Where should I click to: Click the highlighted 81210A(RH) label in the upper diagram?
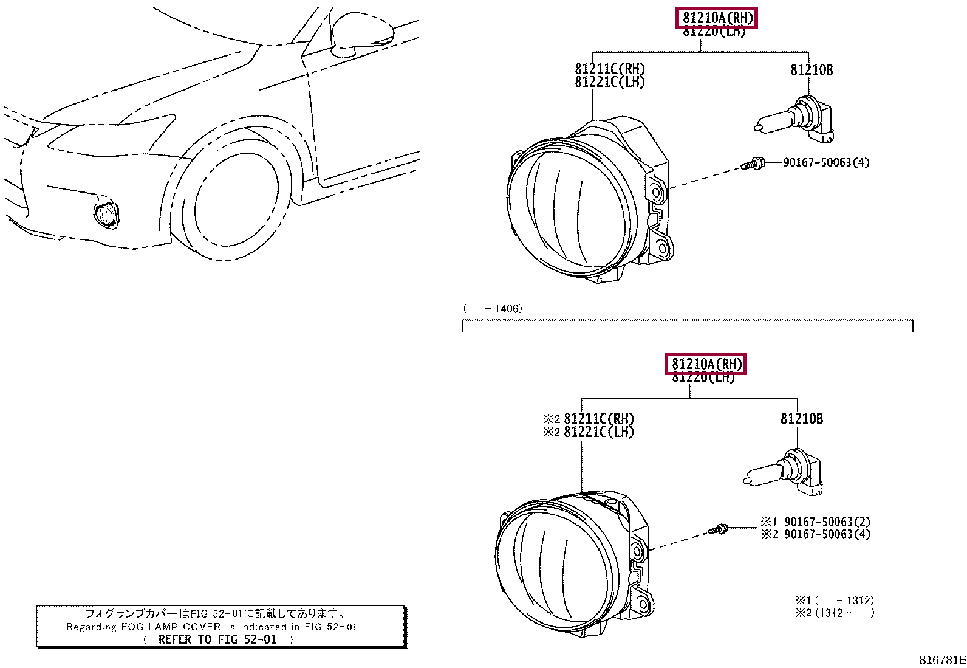click(717, 18)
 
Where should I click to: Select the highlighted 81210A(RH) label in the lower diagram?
click(706, 364)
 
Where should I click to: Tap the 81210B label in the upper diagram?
click(812, 70)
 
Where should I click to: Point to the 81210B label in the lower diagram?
click(801, 419)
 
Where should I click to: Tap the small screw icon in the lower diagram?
click(719, 529)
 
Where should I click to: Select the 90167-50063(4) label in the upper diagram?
click(826, 163)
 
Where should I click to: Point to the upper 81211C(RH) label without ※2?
click(610, 69)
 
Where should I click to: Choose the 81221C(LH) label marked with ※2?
click(589, 432)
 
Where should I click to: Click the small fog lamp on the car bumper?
click(106, 215)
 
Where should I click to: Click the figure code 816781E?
click(942, 660)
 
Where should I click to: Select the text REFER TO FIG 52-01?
click(217, 639)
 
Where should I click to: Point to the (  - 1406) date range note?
click(493, 309)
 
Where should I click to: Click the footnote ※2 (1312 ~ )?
click(835, 613)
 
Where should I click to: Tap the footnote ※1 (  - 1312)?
click(835, 601)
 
